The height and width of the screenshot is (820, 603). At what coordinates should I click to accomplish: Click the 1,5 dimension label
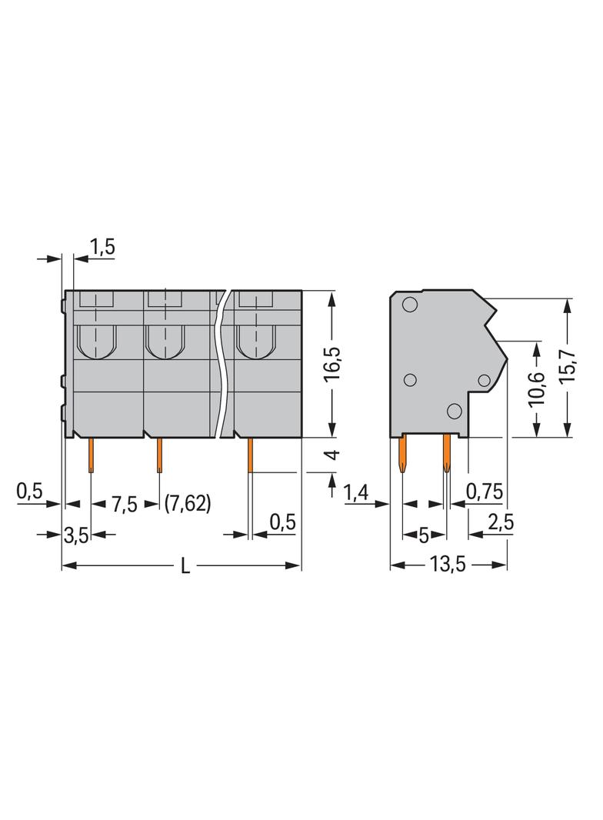(102, 247)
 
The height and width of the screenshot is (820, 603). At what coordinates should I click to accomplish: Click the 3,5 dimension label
(75, 535)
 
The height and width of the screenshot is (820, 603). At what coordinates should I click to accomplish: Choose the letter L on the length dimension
(185, 567)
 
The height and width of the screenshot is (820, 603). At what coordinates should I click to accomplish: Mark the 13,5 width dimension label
(448, 565)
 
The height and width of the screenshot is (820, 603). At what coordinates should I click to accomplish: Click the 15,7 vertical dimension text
(568, 368)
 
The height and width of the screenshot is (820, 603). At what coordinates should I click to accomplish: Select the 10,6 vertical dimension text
(537, 388)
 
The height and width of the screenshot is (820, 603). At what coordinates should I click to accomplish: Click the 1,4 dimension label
(357, 491)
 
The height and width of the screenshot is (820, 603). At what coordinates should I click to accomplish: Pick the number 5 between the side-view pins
(424, 535)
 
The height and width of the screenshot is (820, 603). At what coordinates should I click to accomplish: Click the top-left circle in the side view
(409, 305)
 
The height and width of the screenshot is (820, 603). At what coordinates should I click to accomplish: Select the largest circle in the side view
(455, 411)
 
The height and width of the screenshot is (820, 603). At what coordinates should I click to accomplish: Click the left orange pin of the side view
(402, 455)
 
